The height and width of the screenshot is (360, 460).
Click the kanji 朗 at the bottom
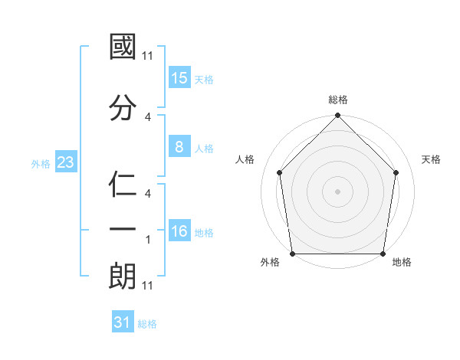click(x=123, y=276)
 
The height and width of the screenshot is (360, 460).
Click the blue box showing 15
click(x=179, y=78)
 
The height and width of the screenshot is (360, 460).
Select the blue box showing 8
click(x=179, y=148)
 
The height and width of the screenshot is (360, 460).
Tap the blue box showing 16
click(x=179, y=231)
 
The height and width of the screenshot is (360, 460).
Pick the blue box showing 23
click(x=65, y=162)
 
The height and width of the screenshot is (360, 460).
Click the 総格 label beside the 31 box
click(x=147, y=324)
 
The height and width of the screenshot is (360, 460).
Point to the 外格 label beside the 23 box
click(x=41, y=163)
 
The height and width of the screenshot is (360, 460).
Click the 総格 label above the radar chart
click(x=338, y=100)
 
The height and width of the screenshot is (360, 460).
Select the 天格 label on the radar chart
click(x=431, y=159)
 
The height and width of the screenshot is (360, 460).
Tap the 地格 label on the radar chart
click(x=402, y=263)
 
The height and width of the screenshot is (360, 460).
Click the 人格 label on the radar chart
click(x=245, y=159)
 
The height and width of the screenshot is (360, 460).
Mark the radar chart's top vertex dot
click(x=338, y=116)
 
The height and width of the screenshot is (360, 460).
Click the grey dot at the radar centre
click(x=338, y=191)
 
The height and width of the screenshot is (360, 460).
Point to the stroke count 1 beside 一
click(x=148, y=240)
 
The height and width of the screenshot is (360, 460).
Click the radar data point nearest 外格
click(x=292, y=254)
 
